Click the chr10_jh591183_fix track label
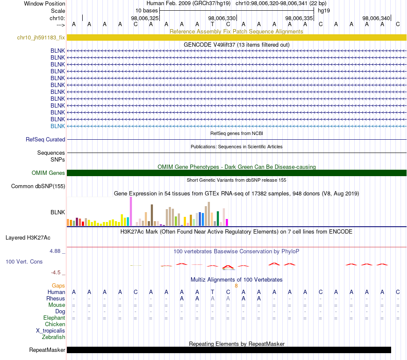(x=41, y=37)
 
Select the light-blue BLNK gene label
(x=58, y=126)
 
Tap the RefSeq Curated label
(x=45, y=139)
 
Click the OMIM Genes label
(x=48, y=173)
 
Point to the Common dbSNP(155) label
(x=38, y=186)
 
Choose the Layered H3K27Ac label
(x=28, y=238)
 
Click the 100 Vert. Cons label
(x=24, y=261)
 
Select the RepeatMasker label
(x=47, y=350)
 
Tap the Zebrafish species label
(x=54, y=337)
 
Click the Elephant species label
(x=54, y=318)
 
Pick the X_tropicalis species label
(x=51, y=331)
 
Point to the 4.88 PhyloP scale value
(x=55, y=251)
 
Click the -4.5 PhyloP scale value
(x=56, y=273)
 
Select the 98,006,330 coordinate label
(x=222, y=18)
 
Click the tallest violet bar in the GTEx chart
(x=131, y=211)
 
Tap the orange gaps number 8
(x=236, y=286)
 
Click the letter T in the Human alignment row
(x=212, y=292)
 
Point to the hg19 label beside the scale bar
(x=324, y=11)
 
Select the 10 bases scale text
(x=147, y=11)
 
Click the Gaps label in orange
(x=58, y=286)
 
